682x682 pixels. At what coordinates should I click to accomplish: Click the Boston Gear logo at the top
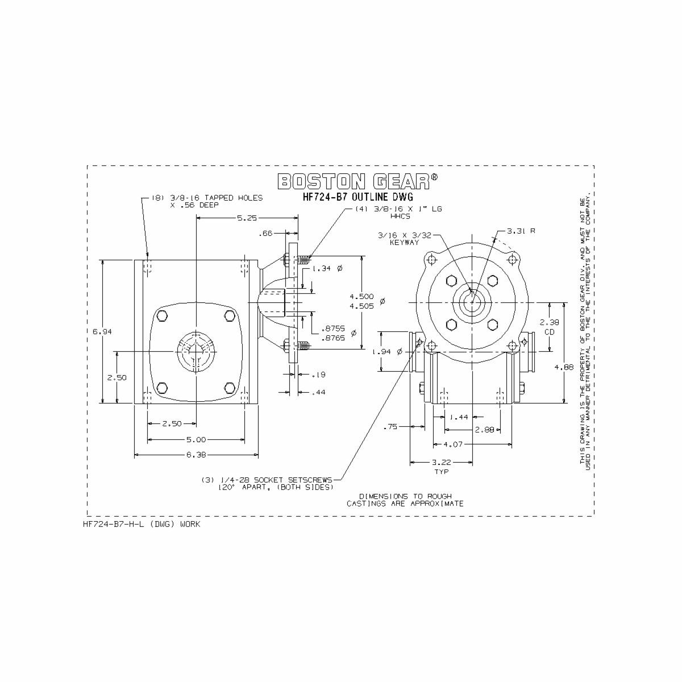click(x=357, y=181)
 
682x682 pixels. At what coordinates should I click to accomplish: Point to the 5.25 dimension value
click(x=247, y=218)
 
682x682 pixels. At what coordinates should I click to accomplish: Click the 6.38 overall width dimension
click(x=196, y=455)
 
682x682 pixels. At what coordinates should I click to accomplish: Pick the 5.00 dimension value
click(x=196, y=439)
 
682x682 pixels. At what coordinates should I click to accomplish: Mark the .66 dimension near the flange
click(x=265, y=233)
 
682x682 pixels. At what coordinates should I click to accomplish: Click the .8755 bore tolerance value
click(x=332, y=328)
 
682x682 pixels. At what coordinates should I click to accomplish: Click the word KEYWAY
click(x=404, y=243)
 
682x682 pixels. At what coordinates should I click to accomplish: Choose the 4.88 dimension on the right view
click(x=564, y=367)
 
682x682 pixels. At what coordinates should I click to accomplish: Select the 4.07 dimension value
click(x=452, y=443)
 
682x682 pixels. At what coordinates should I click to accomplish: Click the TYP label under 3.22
click(x=441, y=472)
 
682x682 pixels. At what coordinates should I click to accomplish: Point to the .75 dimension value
click(x=390, y=426)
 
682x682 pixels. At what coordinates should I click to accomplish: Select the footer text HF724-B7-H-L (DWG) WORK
click(x=142, y=524)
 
